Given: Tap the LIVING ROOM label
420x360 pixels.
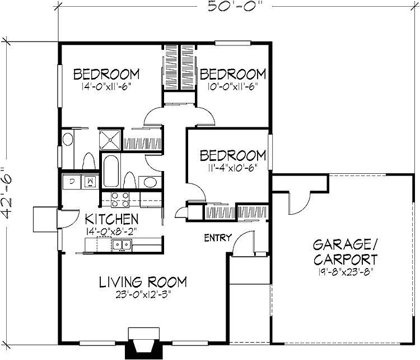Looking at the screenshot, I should click(x=143, y=281).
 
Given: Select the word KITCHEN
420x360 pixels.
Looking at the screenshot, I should click(x=111, y=218).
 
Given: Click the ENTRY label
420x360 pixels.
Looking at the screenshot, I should click(x=217, y=238).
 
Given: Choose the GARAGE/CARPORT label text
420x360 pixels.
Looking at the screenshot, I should click(x=344, y=252).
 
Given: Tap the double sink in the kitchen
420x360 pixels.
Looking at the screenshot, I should click(x=121, y=244).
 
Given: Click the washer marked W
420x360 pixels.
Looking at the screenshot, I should click(x=88, y=181).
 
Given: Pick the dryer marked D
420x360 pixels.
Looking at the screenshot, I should click(x=72, y=181).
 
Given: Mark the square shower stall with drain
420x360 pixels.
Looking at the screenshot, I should click(x=110, y=139).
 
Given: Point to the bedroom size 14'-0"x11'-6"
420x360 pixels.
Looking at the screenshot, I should click(x=106, y=87).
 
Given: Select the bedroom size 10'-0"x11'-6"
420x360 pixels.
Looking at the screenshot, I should click(x=232, y=87).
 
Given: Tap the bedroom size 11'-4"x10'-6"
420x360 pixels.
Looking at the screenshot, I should click(x=232, y=168).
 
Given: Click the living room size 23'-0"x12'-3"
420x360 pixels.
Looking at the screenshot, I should click(x=143, y=296).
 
